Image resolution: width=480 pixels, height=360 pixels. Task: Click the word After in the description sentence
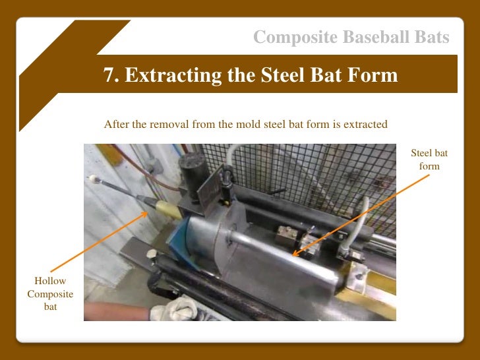(x=116, y=125)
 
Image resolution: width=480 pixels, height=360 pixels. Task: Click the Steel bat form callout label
(x=429, y=160)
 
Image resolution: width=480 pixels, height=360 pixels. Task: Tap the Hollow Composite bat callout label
(x=50, y=294)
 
